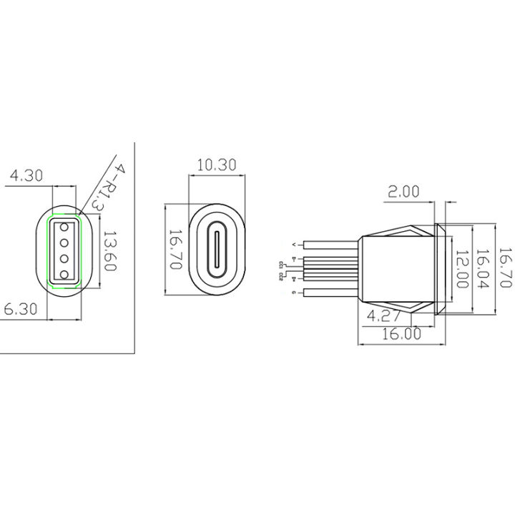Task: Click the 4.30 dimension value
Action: click(x=26, y=175)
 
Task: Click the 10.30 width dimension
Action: click(x=215, y=165)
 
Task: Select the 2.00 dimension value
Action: click(x=403, y=192)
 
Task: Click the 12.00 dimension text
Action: click(x=462, y=268)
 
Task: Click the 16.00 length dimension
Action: click(x=403, y=334)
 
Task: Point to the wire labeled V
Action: click(x=329, y=243)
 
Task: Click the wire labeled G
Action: click(x=329, y=292)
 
